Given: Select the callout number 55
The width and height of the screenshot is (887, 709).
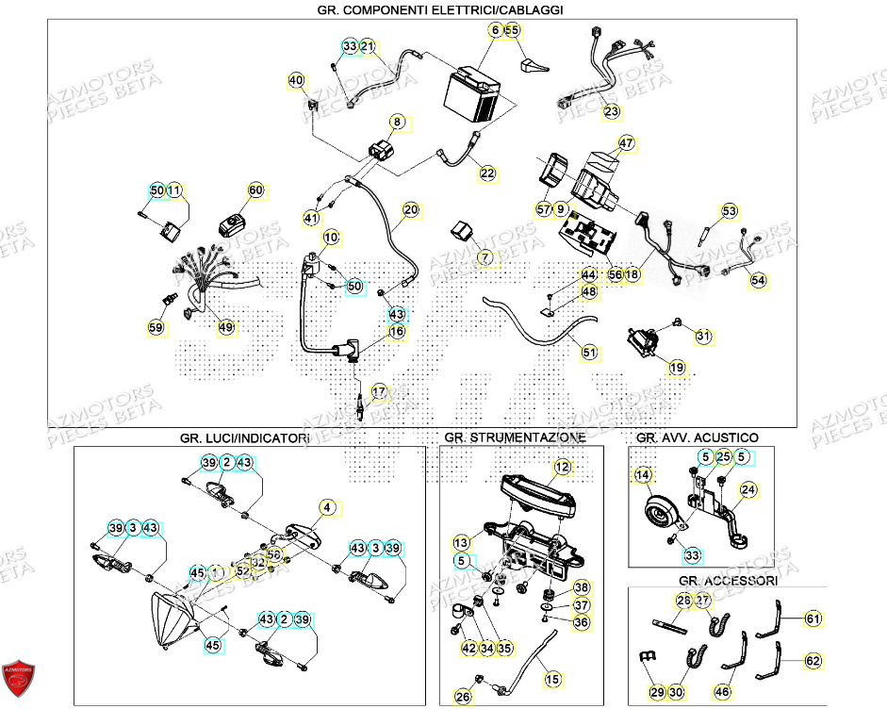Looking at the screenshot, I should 513,30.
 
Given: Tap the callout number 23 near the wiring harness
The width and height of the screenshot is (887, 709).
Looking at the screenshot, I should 613,111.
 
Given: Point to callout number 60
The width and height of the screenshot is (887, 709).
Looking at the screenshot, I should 255,190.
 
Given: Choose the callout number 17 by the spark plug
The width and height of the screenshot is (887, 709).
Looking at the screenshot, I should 379,391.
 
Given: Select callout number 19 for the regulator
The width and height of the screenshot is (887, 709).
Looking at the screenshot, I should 677,367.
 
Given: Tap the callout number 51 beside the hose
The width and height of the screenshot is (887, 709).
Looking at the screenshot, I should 589,353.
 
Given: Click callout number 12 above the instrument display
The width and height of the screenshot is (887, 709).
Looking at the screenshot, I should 562,466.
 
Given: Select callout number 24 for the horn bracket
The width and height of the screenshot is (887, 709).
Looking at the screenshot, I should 747,489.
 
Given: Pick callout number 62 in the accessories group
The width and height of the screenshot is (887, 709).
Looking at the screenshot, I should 812,662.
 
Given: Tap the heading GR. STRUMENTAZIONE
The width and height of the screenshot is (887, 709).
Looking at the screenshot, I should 515,437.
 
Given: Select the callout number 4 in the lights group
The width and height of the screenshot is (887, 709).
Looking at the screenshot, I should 327,507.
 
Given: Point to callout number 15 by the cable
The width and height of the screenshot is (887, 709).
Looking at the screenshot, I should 552,678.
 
